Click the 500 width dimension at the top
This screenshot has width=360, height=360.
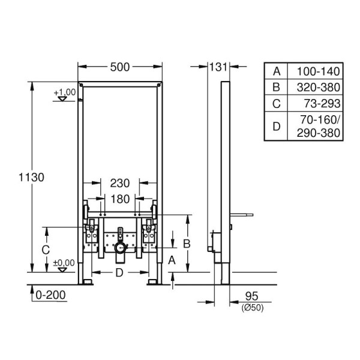tap(120, 68)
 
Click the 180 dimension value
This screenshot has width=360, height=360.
tap(120, 199)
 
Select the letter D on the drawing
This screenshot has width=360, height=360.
tap(119, 274)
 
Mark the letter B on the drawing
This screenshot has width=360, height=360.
tap(187, 243)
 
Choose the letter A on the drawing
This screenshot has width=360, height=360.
tap(172, 260)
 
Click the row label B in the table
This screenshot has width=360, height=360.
tap(277, 86)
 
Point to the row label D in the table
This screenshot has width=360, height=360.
tap(277, 126)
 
